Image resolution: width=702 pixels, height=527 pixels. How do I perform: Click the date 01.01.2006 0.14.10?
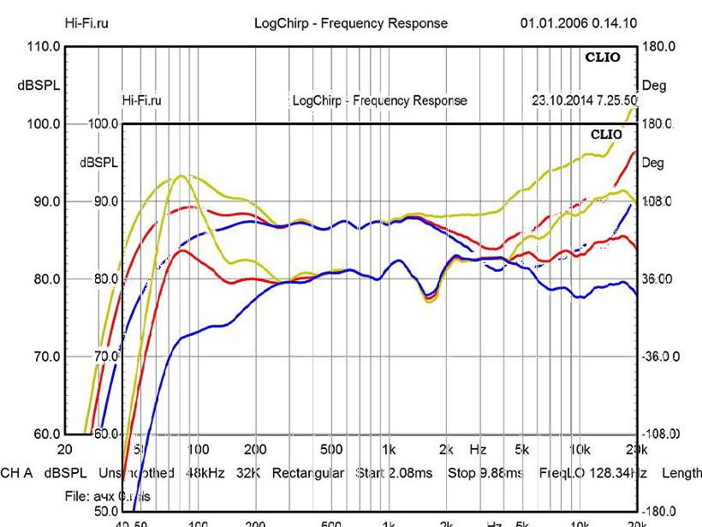[x=578, y=23]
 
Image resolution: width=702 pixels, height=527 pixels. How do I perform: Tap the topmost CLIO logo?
[x=604, y=57]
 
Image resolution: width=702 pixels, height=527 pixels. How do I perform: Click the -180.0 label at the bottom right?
[x=660, y=512]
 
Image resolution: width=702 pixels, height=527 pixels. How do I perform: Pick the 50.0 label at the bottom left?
[x=85, y=512]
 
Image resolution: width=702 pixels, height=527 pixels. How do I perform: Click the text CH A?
[x=17, y=473]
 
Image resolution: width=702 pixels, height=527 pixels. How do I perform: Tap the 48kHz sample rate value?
[x=204, y=473]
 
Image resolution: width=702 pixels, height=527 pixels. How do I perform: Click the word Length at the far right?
[x=681, y=473]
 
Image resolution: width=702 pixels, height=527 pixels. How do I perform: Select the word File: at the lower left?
[x=80, y=496]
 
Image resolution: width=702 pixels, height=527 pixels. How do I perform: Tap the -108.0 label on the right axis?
[x=660, y=434]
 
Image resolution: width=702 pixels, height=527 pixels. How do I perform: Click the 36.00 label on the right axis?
[x=659, y=279]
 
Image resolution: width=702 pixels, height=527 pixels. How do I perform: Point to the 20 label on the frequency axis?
[x=64, y=450]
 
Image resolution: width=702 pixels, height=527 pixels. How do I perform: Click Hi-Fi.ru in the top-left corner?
[x=86, y=23]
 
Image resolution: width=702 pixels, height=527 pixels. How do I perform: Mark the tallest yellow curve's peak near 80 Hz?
[x=181, y=176]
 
